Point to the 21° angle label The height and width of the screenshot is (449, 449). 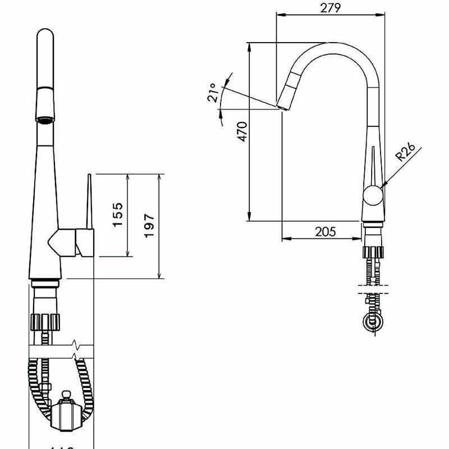pos(212,93)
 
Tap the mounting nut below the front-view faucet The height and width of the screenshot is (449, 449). pos(45,322)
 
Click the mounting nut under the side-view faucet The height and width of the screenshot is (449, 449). pos(373,253)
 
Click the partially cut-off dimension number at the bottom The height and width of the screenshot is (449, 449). pos(59,446)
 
